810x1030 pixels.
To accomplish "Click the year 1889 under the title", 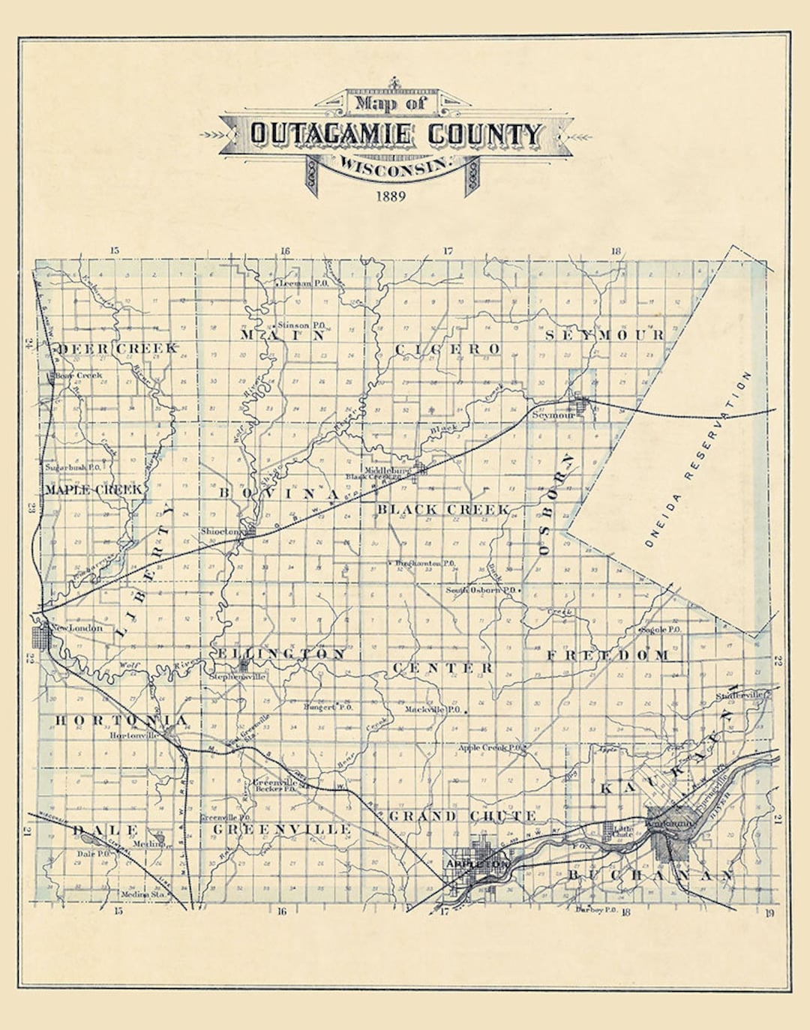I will (391, 196).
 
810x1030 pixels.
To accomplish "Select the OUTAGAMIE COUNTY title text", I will (395, 134).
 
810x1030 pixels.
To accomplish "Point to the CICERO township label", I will (447, 349).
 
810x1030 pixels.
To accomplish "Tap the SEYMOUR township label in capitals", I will (604, 335).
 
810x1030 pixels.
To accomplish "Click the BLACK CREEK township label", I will (442, 510).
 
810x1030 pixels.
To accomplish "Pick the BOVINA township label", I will (279, 494).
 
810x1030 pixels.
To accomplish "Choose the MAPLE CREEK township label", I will (94, 490).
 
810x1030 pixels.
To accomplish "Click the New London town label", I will (76, 627).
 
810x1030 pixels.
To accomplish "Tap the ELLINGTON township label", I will (281, 654).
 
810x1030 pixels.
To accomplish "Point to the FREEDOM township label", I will (607, 655).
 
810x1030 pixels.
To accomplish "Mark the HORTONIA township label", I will (121, 720).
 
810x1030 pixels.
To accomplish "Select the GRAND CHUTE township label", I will (462, 816).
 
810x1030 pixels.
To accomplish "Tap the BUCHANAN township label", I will (649, 876).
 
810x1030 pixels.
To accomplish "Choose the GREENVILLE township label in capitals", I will (282, 829).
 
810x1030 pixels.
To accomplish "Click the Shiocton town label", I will (219, 531).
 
